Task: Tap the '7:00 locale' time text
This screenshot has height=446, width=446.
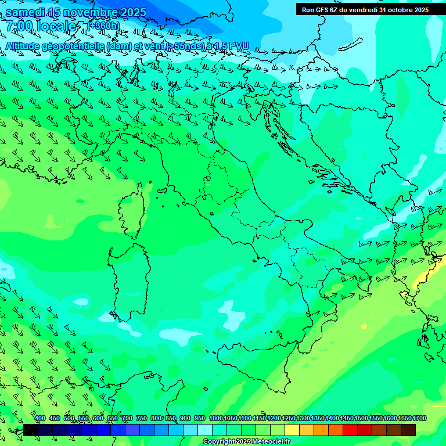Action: point(41,26)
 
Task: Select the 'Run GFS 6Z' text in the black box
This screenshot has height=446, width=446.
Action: point(323,10)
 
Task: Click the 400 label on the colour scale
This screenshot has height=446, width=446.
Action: point(40,419)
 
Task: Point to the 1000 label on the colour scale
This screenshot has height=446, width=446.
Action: point(216,419)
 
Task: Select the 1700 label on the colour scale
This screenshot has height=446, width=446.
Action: point(419,419)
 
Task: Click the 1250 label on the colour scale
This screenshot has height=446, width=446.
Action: point(289,419)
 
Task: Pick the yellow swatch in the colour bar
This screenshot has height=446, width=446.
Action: point(292,430)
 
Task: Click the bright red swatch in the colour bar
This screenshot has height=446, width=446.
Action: point(350,430)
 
